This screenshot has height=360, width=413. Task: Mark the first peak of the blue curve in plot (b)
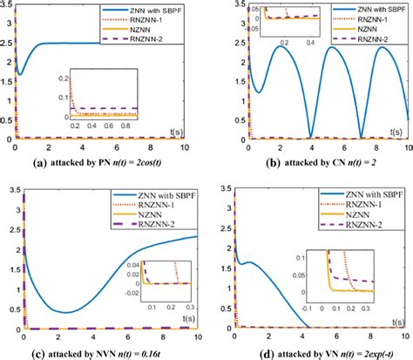point(261,46)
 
